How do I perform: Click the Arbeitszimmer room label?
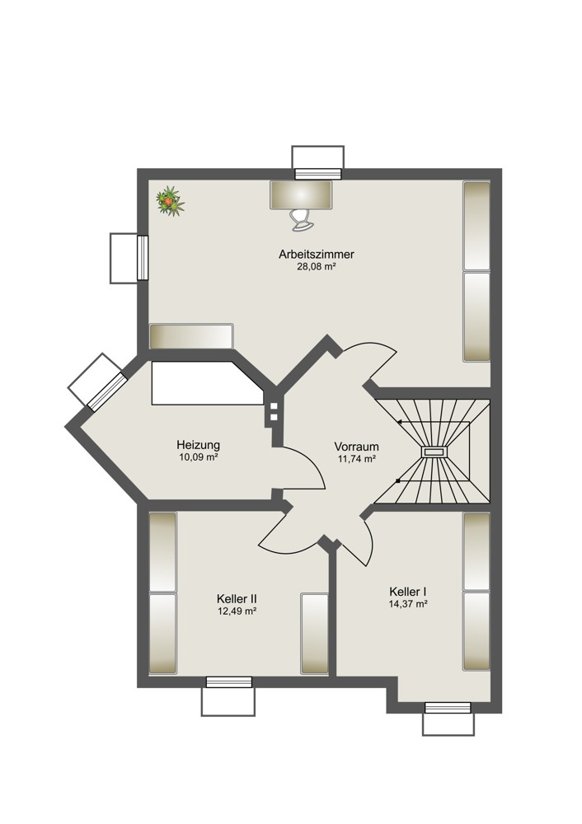[x=317, y=255]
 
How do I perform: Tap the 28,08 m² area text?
[x=317, y=267]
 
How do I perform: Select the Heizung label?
[x=198, y=445]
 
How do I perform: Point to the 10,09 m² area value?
[x=198, y=457]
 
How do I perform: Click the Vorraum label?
[x=356, y=447]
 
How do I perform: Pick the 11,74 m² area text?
[x=356, y=459]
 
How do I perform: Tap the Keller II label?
[x=237, y=599]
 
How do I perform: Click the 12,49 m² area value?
[x=237, y=611]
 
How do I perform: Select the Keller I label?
[x=407, y=592]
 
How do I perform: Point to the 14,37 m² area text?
[x=407, y=604]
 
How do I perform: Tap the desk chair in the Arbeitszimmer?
[x=303, y=220]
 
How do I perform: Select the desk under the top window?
[x=301, y=195]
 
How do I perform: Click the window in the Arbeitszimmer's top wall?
[x=318, y=174]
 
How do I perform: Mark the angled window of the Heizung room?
[x=106, y=391]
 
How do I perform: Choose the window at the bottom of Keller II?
[x=228, y=682]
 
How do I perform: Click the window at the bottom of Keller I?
[x=448, y=708]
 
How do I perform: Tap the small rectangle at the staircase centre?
[x=434, y=452]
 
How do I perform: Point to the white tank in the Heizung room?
[x=208, y=382]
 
